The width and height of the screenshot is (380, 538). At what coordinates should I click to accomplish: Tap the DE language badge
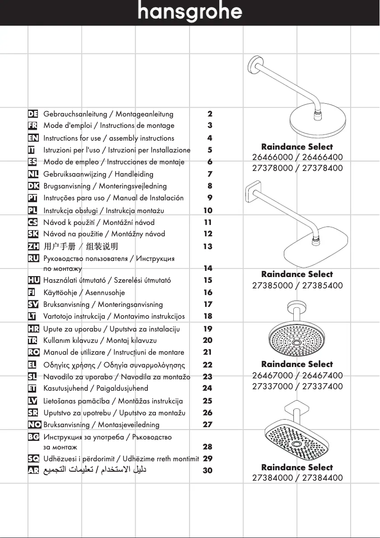coord(33,114)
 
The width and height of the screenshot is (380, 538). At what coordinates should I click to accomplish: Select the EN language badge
coord(33,138)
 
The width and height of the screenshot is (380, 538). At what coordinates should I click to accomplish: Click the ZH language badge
coord(33,246)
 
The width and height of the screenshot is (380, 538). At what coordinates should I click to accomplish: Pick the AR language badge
coord(33,471)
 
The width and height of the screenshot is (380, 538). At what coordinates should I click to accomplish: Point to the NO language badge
coord(34,425)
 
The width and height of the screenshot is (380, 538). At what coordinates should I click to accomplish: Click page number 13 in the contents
coord(208,246)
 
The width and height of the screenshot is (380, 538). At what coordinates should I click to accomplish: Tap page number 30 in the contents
coord(208,471)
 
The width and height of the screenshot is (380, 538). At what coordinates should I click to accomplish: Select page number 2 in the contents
coord(210,114)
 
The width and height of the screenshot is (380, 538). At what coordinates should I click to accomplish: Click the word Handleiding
coord(134,175)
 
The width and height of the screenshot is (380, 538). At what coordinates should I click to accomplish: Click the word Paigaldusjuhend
coord(122,388)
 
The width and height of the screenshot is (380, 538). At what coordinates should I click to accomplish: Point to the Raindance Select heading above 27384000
coord(297,467)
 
